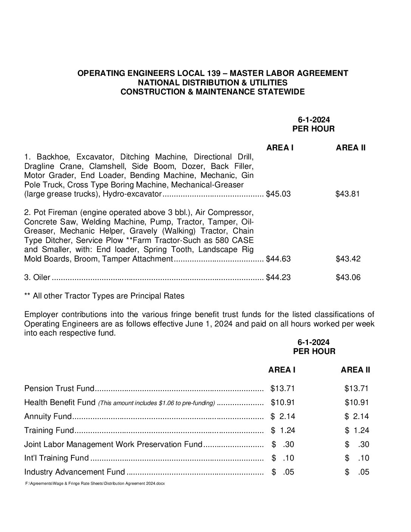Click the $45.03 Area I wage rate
(278, 194)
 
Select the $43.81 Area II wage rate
(348, 194)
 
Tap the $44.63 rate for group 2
(278, 259)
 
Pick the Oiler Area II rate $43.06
(348, 278)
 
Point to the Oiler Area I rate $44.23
(278, 278)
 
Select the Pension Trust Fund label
(59, 388)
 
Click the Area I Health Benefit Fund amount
(283, 402)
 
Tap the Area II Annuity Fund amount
(357, 416)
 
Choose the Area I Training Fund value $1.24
(283, 430)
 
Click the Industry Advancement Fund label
(74, 472)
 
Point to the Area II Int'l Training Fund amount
(357, 458)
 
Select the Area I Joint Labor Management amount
(283, 444)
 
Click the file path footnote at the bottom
(95, 483)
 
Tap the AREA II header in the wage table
(351, 148)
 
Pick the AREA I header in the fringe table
(282, 370)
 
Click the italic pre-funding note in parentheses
(156, 403)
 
